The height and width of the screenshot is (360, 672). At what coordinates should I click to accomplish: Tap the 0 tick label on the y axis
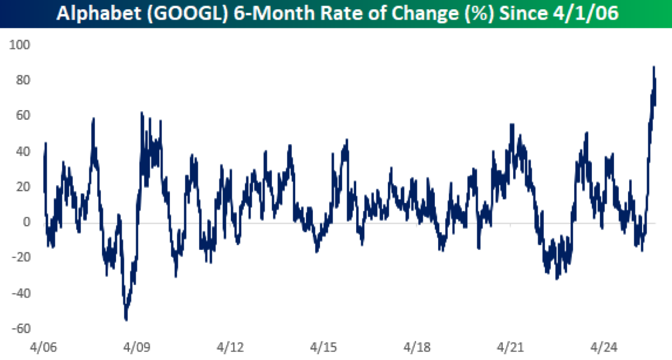[26, 222]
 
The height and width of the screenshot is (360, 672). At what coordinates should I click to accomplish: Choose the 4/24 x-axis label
[604, 348]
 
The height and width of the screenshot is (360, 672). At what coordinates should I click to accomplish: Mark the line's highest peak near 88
[654, 67]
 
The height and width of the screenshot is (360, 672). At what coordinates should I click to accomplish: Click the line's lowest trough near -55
[126, 319]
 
